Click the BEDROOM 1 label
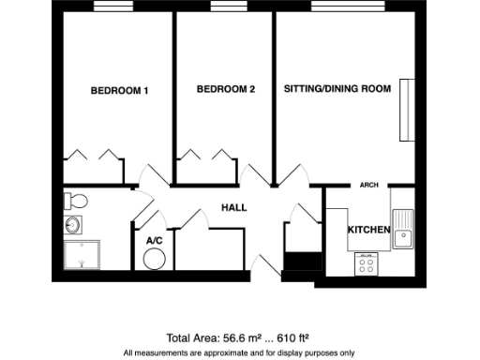[x=119, y=91]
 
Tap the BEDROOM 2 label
[x=226, y=90]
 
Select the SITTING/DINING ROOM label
[x=337, y=90]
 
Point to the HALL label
[x=233, y=207]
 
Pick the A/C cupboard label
[x=155, y=241]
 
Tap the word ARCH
[x=369, y=186]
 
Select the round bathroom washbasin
[x=73, y=225]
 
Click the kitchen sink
[x=403, y=229]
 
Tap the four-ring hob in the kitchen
[x=366, y=264]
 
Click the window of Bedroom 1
[x=114, y=7]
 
